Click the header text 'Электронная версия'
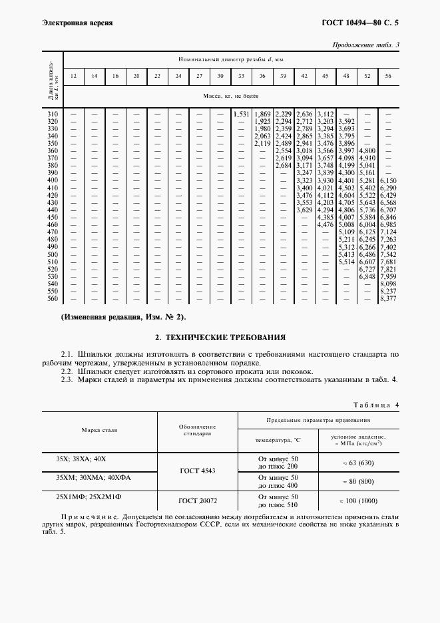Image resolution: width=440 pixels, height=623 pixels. (77, 23)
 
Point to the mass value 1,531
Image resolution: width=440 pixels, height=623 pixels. (241, 114)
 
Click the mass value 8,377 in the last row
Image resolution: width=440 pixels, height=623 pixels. (387, 298)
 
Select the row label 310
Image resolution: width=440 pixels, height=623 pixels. (53, 114)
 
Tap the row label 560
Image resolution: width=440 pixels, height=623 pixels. (53, 298)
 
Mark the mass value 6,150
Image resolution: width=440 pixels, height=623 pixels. (387, 181)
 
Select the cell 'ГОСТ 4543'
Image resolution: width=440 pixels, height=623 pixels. (196, 471)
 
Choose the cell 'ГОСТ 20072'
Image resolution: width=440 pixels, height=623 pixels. (196, 500)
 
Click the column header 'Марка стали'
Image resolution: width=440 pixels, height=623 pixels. (99, 429)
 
